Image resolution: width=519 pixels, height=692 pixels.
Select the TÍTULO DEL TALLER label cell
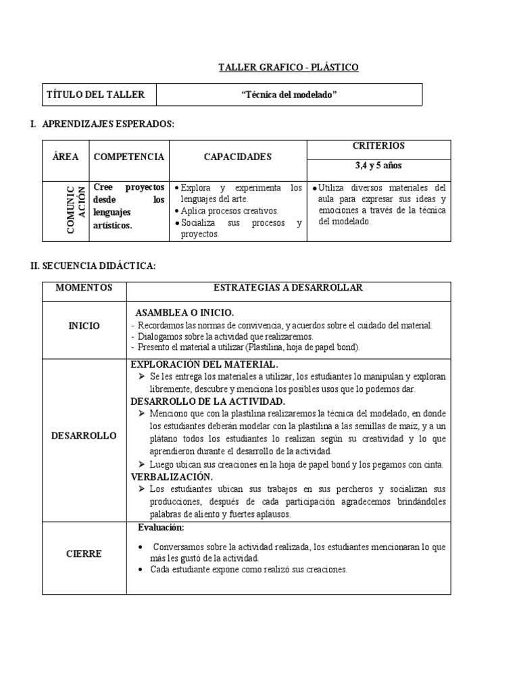pyautogui.click(x=95, y=95)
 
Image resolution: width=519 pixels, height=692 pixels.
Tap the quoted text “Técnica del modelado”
pyautogui.click(x=289, y=95)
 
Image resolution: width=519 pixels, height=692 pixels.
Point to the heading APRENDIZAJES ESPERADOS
pyautogui.click(x=108, y=125)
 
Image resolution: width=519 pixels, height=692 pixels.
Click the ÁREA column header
pyautogui.click(x=65, y=157)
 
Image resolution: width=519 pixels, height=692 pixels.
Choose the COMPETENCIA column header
pyautogui.click(x=128, y=157)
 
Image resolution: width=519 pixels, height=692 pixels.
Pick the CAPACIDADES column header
pyautogui.click(x=237, y=157)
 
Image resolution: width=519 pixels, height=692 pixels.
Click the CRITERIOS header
pyautogui.click(x=378, y=146)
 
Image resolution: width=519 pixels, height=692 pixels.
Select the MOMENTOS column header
pyautogui.click(x=84, y=288)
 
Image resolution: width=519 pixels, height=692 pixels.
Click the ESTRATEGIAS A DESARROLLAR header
pyautogui.click(x=288, y=288)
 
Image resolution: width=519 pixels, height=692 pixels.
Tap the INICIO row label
pyautogui.click(x=84, y=326)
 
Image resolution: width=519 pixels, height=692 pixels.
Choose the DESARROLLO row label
pyautogui.click(x=84, y=436)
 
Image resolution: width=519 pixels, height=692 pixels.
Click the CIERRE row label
pyautogui.click(x=84, y=554)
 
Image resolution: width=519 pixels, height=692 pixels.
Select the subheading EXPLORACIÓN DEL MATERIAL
pyautogui.click(x=203, y=365)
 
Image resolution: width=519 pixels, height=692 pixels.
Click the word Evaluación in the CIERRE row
pyautogui.click(x=160, y=527)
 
